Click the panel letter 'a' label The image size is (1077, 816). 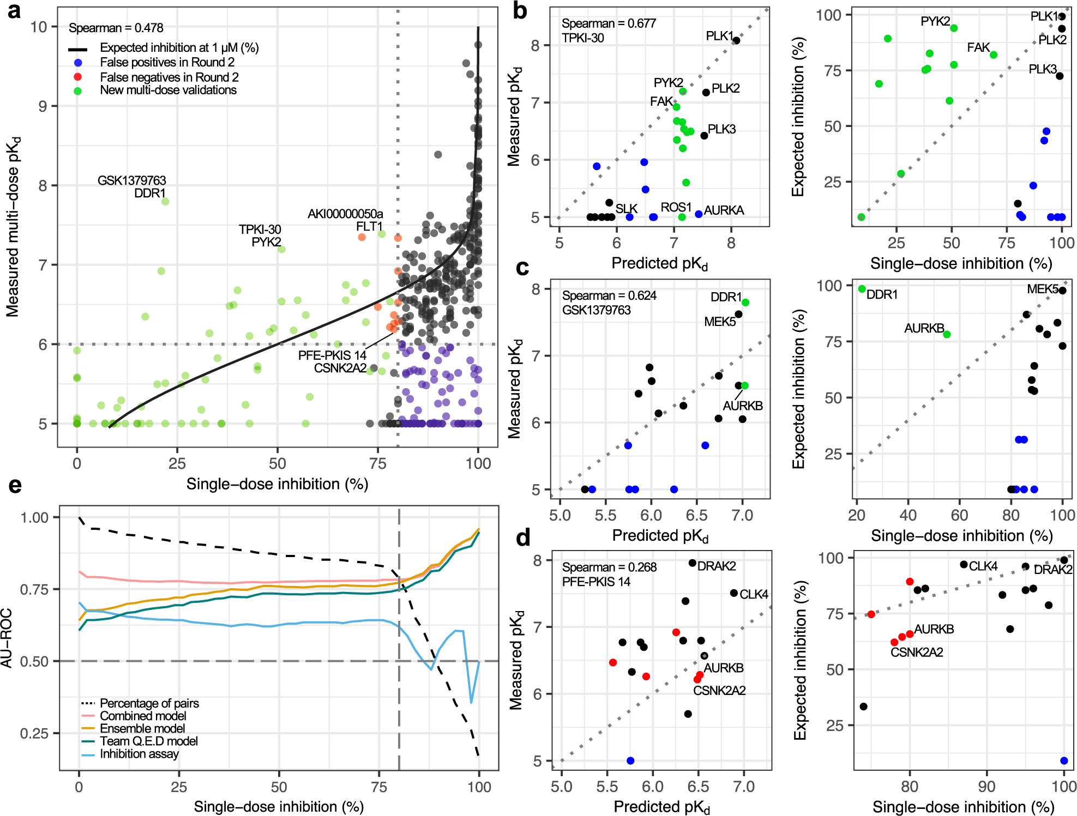pos(14,11)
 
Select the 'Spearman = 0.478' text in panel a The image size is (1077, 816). pos(116,28)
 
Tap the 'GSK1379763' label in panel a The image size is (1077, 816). pos(131,180)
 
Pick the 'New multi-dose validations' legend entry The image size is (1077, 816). pos(168,90)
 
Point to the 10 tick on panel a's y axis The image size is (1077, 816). pos(39,27)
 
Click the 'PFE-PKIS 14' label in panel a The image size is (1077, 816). pos(332,355)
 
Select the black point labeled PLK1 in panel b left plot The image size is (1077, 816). pos(736,40)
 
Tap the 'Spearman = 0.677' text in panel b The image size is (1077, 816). pos(609,23)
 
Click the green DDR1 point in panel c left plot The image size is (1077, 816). pos(745,303)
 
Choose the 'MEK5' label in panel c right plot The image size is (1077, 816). pos(1042,289)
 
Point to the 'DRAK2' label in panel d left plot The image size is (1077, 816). pos(716,566)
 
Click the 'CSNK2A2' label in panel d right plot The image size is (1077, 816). pos(916,652)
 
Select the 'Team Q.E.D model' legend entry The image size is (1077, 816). pos(148,741)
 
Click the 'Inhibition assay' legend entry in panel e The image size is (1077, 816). pos(139,754)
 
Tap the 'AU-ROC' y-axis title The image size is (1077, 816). pos(7,638)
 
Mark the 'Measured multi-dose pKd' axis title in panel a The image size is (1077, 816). pos(13,226)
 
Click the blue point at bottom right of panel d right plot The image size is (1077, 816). pos(1064,760)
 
